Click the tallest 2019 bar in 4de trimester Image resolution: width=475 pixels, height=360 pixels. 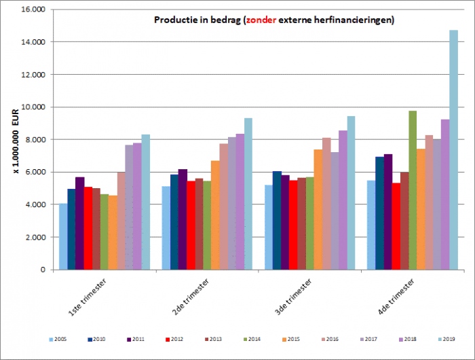click(453, 149)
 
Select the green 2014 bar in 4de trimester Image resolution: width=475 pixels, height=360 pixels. click(413, 190)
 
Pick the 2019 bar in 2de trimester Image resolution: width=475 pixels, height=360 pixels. click(248, 194)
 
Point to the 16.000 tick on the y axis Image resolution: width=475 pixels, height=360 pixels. click(32, 10)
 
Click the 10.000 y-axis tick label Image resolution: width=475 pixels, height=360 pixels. click(32, 107)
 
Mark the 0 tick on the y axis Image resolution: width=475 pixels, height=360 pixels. click(42, 270)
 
